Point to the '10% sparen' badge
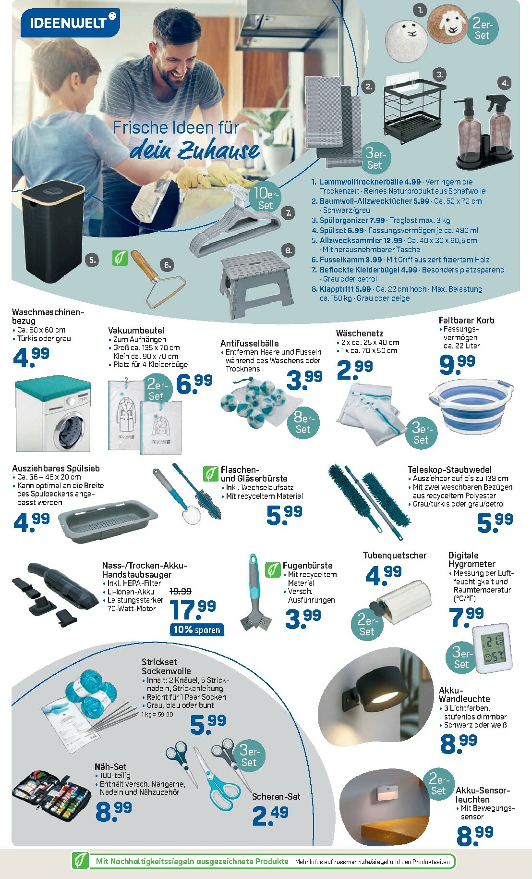(x=197, y=630)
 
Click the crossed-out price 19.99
(x=181, y=591)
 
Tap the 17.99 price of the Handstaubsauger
(x=193, y=609)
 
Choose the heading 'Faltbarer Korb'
(x=466, y=320)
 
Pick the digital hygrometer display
(x=492, y=648)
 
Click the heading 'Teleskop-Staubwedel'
(x=449, y=470)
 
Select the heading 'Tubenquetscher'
(x=395, y=555)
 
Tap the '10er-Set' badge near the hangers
(x=266, y=198)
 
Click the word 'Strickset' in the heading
(x=159, y=662)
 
